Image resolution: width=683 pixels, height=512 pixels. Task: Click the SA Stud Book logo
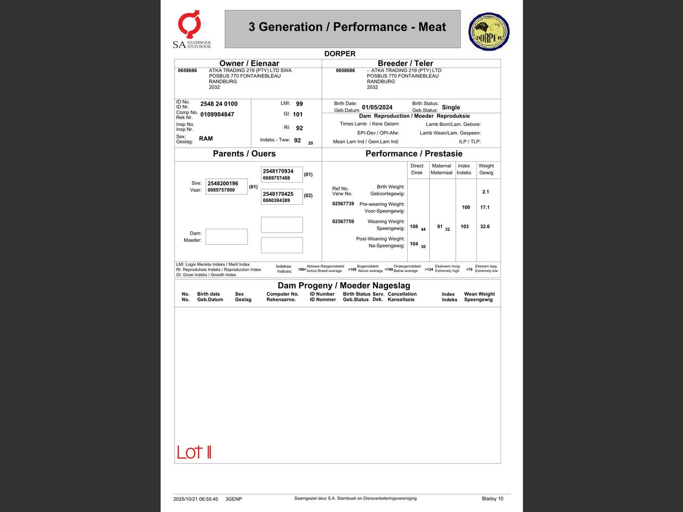(x=192, y=30)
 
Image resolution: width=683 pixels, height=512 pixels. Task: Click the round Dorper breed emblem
(x=489, y=32)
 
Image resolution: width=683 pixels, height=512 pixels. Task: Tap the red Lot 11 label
(x=194, y=452)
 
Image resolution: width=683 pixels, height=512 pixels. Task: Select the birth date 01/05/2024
(x=377, y=107)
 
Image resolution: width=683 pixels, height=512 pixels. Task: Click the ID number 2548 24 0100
(x=219, y=104)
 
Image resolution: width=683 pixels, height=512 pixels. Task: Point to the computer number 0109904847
(x=217, y=115)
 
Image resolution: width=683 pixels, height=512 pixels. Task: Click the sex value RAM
(x=205, y=139)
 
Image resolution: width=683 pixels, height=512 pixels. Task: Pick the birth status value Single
(x=451, y=107)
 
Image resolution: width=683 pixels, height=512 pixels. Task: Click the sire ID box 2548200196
(x=227, y=186)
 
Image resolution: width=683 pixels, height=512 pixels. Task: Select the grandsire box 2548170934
(x=282, y=174)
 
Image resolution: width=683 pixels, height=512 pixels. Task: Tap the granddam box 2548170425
(x=282, y=197)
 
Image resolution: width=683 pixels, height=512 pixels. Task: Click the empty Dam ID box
(x=227, y=236)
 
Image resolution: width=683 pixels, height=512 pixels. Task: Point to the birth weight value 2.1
(x=486, y=192)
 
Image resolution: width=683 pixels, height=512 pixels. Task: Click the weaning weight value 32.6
(x=485, y=227)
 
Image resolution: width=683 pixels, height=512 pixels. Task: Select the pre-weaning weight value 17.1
(x=485, y=207)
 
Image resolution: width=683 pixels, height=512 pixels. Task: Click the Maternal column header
(x=442, y=169)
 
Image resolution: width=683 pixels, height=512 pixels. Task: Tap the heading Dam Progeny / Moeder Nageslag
(x=344, y=285)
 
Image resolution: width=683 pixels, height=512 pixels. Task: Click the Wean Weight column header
(x=479, y=297)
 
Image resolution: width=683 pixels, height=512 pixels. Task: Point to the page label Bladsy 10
(x=493, y=499)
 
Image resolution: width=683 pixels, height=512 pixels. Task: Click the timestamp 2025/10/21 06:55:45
(x=196, y=499)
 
